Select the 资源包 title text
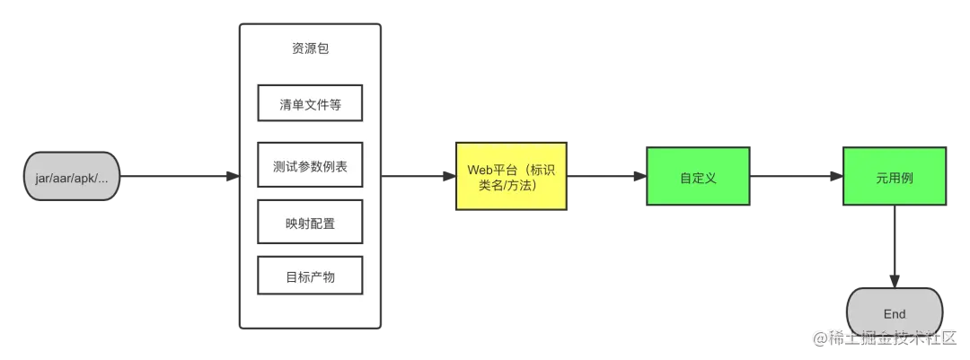(x=310, y=48)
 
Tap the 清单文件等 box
(x=310, y=103)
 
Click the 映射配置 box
(x=310, y=223)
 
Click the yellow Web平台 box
(x=511, y=177)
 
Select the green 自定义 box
(x=698, y=177)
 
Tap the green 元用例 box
(x=894, y=177)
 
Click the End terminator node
(x=894, y=313)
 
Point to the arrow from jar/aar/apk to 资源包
(x=175, y=177)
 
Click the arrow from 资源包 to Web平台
(x=415, y=177)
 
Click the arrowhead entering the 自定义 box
(x=640, y=177)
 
